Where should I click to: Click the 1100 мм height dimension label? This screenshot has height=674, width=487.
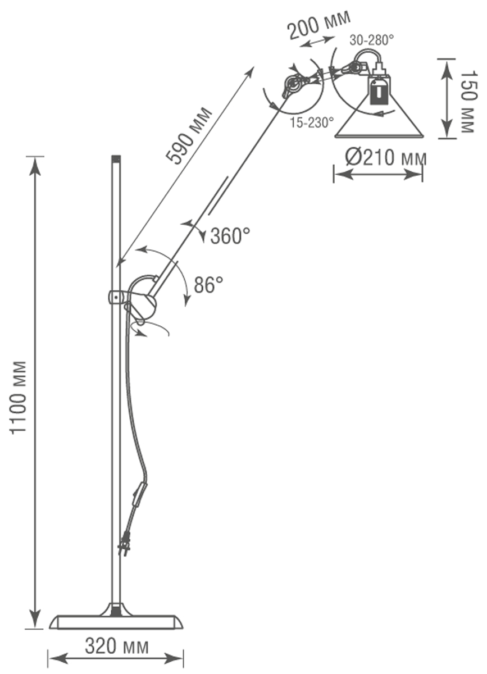click(20, 398)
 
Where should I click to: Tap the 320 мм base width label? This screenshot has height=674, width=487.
click(117, 646)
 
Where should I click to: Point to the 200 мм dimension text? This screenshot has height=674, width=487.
click(319, 25)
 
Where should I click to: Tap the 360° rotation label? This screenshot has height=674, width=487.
click(230, 236)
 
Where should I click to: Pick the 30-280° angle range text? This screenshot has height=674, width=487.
click(371, 40)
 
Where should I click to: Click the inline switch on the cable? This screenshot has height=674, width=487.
click(140, 495)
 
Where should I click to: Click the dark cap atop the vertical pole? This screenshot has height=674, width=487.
click(116, 159)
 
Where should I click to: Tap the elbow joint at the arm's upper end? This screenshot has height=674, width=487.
click(293, 85)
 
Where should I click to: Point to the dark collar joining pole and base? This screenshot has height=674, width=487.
click(116, 609)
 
